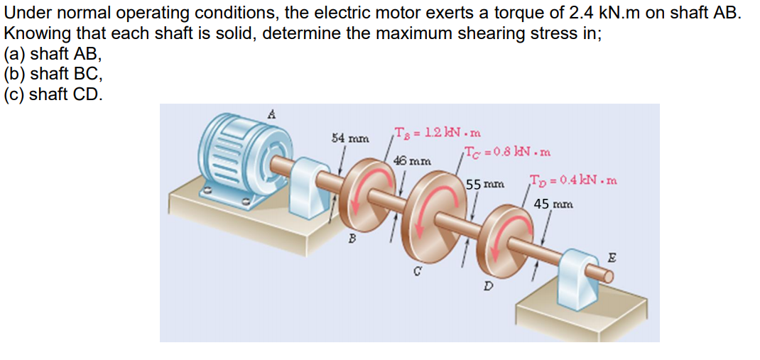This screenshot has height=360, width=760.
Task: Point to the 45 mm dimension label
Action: (553, 204)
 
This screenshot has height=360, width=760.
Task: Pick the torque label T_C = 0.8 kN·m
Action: (506, 151)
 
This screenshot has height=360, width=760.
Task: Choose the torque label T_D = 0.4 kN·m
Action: (573, 180)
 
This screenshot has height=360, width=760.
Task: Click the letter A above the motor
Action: (271, 112)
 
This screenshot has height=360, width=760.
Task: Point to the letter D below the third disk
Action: (487, 286)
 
